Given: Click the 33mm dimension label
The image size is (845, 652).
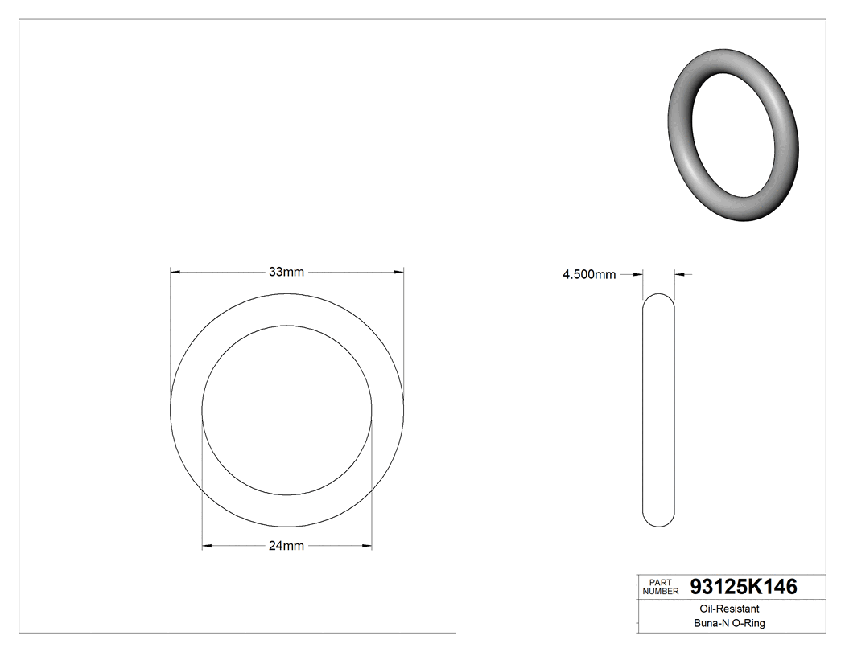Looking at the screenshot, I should [286, 272].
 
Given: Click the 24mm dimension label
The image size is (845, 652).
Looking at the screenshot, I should [286, 547].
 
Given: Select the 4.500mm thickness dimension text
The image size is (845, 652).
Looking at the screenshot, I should [589, 275].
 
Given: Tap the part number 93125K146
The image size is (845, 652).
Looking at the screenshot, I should [744, 587].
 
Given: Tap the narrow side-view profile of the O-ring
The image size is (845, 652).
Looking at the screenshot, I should [660, 410].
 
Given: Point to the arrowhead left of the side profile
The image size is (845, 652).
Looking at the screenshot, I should [639, 275].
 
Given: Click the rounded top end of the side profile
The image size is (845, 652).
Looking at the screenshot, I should [660, 298].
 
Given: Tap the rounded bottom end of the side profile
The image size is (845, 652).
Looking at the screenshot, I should [660, 522].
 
